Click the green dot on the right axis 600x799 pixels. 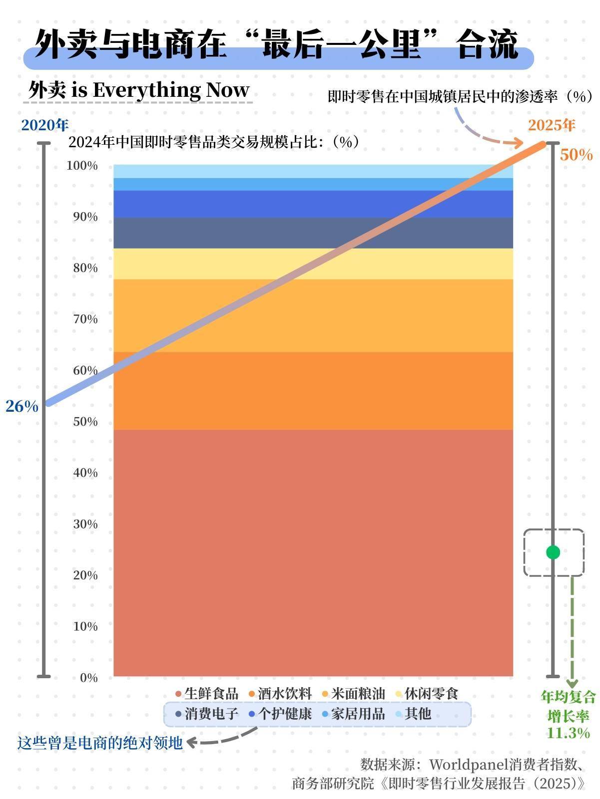(553, 552)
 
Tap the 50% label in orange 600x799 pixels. (576, 155)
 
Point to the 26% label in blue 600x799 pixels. (22, 406)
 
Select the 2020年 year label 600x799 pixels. (45, 125)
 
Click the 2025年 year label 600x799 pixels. (552, 125)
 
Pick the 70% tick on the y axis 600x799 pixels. (85, 319)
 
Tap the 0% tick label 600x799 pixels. (88, 678)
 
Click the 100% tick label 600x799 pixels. (82, 166)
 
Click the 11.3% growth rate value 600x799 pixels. (569, 733)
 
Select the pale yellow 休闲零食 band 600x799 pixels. (313, 264)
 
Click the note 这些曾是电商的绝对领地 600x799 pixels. (100, 743)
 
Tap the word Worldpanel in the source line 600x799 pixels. (469, 765)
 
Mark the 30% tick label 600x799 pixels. (85, 524)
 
